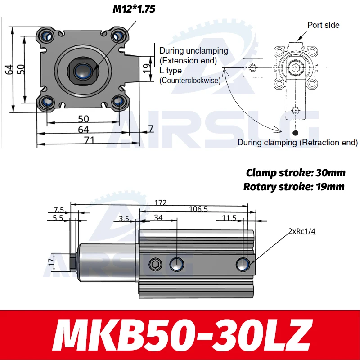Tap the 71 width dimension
click(89, 140)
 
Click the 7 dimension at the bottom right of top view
click(151, 129)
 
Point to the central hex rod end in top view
click(82, 70)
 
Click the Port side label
click(323, 25)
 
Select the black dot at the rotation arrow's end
click(295, 133)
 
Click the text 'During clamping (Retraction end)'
click(297, 143)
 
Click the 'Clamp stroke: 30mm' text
click(296, 173)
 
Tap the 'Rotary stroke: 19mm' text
click(294, 186)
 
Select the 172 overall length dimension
click(160, 203)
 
